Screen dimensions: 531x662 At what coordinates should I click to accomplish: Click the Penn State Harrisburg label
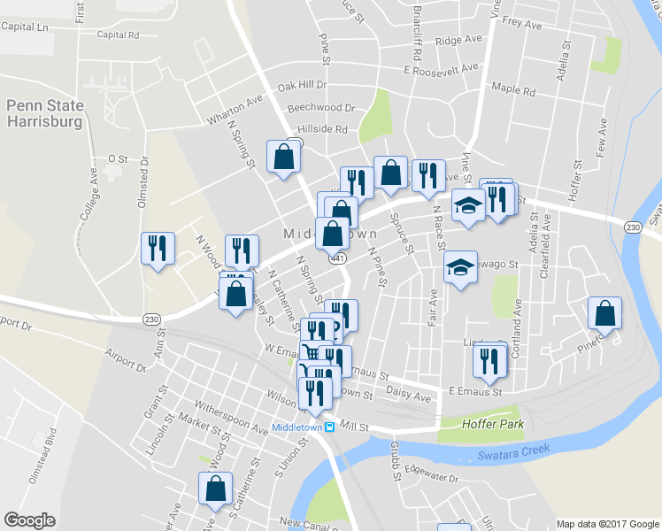pyautogui.click(x=44, y=112)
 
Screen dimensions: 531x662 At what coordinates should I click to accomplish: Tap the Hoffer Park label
pyautogui.click(x=493, y=425)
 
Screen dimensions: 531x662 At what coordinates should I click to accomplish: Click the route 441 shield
pyautogui.click(x=337, y=258)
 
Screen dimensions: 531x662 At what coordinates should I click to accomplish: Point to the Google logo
pyautogui.click(x=29, y=520)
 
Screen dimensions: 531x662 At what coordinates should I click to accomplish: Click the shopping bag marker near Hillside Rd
pyautogui.click(x=283, y=158)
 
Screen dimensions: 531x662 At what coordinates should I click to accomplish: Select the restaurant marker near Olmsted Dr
pyautogui.click(x=157, y=247)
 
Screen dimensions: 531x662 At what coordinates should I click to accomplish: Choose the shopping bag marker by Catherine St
pyautogui.click(x=236, y=293)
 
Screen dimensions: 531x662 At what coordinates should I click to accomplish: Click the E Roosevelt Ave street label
pyautogui.click(x=440, y=68)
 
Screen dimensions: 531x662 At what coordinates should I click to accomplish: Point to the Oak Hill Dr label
pyautogui.click(x=302, y=86)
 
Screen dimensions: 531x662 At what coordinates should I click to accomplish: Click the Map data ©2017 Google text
pyautogui.click(x=607, y=523)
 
